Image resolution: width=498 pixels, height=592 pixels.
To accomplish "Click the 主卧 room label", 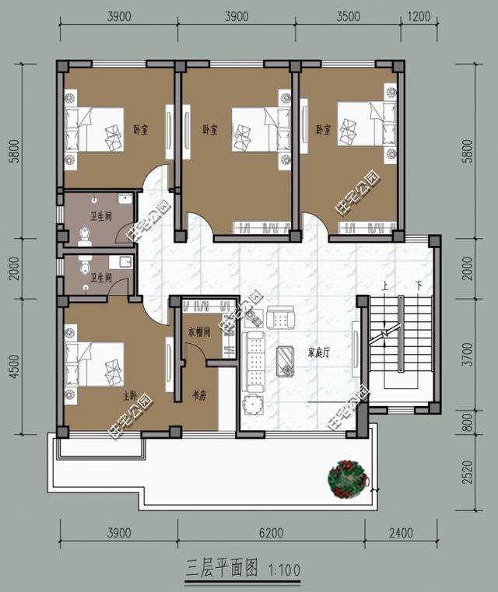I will (x=130, y=396).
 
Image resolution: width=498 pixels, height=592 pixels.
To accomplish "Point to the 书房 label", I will (x=198, y=396).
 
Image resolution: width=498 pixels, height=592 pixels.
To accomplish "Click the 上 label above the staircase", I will (x=384, y=285).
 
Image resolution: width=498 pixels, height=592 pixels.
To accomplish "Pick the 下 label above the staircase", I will (x=419, y=285).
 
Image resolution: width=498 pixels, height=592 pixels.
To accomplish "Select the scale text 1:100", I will (x=283, y=568).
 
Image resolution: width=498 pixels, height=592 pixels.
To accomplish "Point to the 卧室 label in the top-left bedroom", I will (x=141, y=130).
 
